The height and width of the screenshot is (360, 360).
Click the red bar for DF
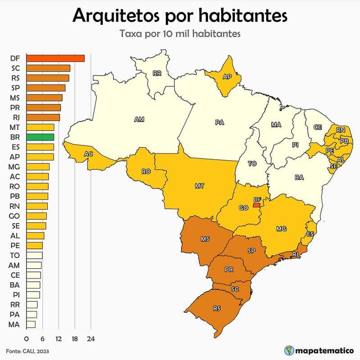(x=55, y=58)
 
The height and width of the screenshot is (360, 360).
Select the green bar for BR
(x=40, y=137)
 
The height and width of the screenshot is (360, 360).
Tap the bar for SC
(x=48, y=68)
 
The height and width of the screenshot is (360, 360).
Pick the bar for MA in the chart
(x=31, y=324)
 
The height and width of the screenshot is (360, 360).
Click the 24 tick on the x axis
(x=91, y=338)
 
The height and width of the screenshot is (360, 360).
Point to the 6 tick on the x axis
(x=42, y=338)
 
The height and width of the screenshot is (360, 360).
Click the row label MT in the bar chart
(x=14, y=127)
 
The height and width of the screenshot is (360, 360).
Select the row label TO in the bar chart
(x=14, y=255)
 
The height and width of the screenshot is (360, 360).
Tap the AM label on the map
(x=139, y=120)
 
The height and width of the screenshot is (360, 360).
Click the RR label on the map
(x=157, y=73)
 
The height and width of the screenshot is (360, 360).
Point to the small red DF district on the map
(x=257, y=205)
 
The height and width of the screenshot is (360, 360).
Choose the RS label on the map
(x=217, y=309)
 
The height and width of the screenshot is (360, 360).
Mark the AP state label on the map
(x=227, y=77)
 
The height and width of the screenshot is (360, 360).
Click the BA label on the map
(x=299, y=177)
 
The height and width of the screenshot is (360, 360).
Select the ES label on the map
(x=310, y=234)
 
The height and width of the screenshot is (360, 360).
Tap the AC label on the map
(x=89, y=154)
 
